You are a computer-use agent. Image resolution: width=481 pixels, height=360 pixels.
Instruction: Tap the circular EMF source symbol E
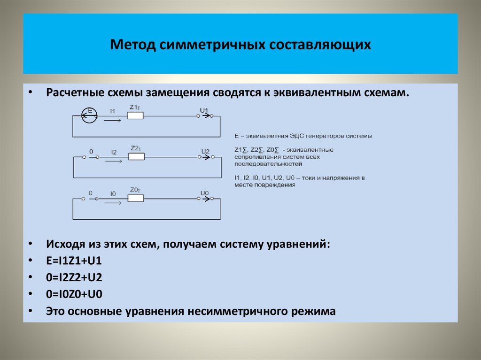89,115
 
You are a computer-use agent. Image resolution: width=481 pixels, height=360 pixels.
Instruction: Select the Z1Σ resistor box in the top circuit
135,115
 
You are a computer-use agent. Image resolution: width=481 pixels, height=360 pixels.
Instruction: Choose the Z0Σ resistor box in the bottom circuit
135,199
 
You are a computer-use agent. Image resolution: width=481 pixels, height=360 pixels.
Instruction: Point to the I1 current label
113,111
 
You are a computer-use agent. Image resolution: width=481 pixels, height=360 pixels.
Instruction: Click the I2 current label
114,152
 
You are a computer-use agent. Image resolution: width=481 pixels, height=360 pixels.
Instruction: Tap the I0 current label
113,193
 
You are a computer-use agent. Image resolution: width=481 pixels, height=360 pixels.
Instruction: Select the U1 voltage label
204,110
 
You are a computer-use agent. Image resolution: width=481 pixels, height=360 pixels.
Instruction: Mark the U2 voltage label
205,151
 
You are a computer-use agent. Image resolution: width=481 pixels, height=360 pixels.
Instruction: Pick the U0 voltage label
204,193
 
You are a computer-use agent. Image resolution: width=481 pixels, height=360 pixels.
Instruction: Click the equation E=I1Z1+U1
74,261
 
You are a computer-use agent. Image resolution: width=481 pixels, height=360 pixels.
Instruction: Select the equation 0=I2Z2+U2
74,278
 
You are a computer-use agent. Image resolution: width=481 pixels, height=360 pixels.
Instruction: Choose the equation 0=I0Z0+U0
74,295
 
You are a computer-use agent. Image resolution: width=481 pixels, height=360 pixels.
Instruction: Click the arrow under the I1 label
113,120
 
